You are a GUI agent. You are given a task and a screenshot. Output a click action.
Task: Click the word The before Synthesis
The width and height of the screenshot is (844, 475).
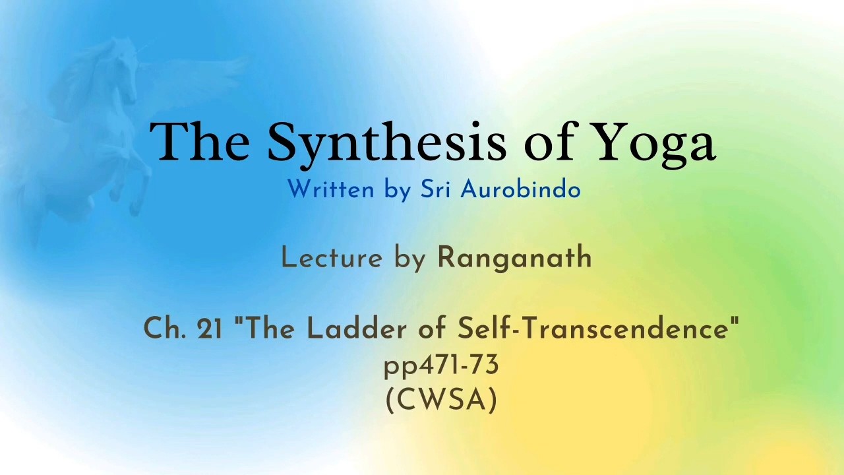click(x=200, y=141)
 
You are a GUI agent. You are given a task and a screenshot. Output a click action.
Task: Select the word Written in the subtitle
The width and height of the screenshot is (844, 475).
click(x=330, y=189)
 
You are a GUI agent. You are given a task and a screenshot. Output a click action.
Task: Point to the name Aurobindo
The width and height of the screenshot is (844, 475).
click(x=520, y=189)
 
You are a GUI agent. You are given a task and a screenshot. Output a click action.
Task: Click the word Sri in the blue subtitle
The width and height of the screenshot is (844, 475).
click(x=435, y=189)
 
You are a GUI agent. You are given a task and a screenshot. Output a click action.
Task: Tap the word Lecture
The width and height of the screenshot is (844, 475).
click(x=332, y=258)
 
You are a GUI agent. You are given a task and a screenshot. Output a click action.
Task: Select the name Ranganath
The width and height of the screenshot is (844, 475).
click(x=514, y=259)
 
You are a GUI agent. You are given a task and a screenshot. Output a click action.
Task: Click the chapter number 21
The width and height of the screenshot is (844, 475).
click(x=209, y=329)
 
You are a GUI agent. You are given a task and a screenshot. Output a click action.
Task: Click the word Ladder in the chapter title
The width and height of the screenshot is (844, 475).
click(x=357, y=328)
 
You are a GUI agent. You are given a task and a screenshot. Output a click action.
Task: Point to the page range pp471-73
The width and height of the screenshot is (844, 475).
click(x=441, y=366)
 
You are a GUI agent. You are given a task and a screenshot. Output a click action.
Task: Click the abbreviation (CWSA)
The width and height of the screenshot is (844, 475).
click(x=441, y=400)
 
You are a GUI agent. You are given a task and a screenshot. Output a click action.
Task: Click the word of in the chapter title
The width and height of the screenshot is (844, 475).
click(x=432, y=328)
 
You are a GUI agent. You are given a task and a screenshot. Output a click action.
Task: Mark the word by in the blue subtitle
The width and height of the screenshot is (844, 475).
click(x=397, y=190)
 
